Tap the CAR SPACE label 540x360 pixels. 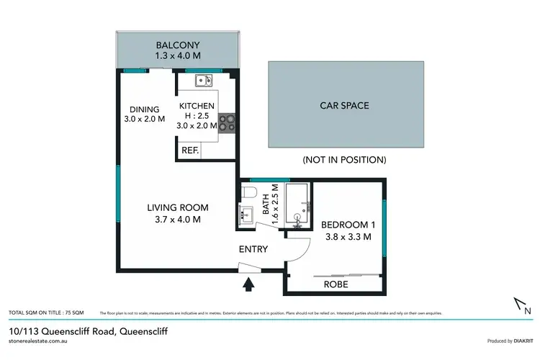pos(344,106)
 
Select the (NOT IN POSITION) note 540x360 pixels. pos(345,159)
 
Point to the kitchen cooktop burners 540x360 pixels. pos(227,123)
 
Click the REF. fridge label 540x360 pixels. pos(190,150)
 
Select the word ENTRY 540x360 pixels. pos(253,250)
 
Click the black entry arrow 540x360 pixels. pos(248,284)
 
